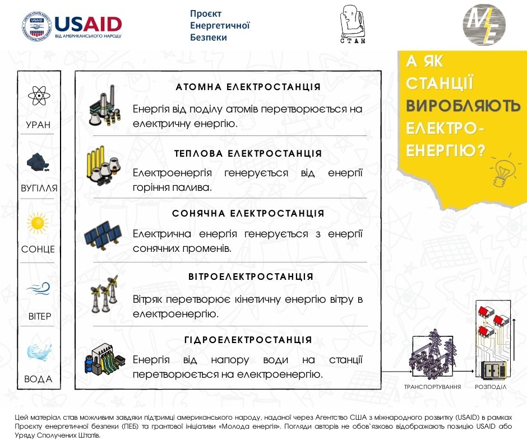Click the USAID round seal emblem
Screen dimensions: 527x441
click(x=38, y=26)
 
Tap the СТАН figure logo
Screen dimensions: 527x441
click(x=353, y=24)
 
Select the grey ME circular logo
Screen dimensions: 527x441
click(x=484, y=25)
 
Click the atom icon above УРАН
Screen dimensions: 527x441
click(x=39, y=96)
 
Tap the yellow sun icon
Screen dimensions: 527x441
click(x=38, y=223)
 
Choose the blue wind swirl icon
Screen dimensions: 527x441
click(x=38, y=288)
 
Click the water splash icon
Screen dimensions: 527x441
click(x=39, y=353)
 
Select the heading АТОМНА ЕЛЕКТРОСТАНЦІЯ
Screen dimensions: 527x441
click(x=248, y=87)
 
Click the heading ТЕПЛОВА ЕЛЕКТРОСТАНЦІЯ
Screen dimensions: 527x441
click(x=248, y=153)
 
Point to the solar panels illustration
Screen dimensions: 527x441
click(x=103, y=235)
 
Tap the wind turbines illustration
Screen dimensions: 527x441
click(x=104, y=294)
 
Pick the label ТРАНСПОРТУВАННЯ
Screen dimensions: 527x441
click(x=432, y=387)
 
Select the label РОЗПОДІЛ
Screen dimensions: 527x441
click(x=491, y=387)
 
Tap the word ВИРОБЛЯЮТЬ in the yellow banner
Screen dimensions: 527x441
click(x=463, y=106)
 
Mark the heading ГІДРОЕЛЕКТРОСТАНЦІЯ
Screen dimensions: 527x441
click(x=248, y=340)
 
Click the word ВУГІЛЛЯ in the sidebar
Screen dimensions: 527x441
click(x=39, y=188)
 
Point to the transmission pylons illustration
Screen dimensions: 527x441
click(x=433, y=353)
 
